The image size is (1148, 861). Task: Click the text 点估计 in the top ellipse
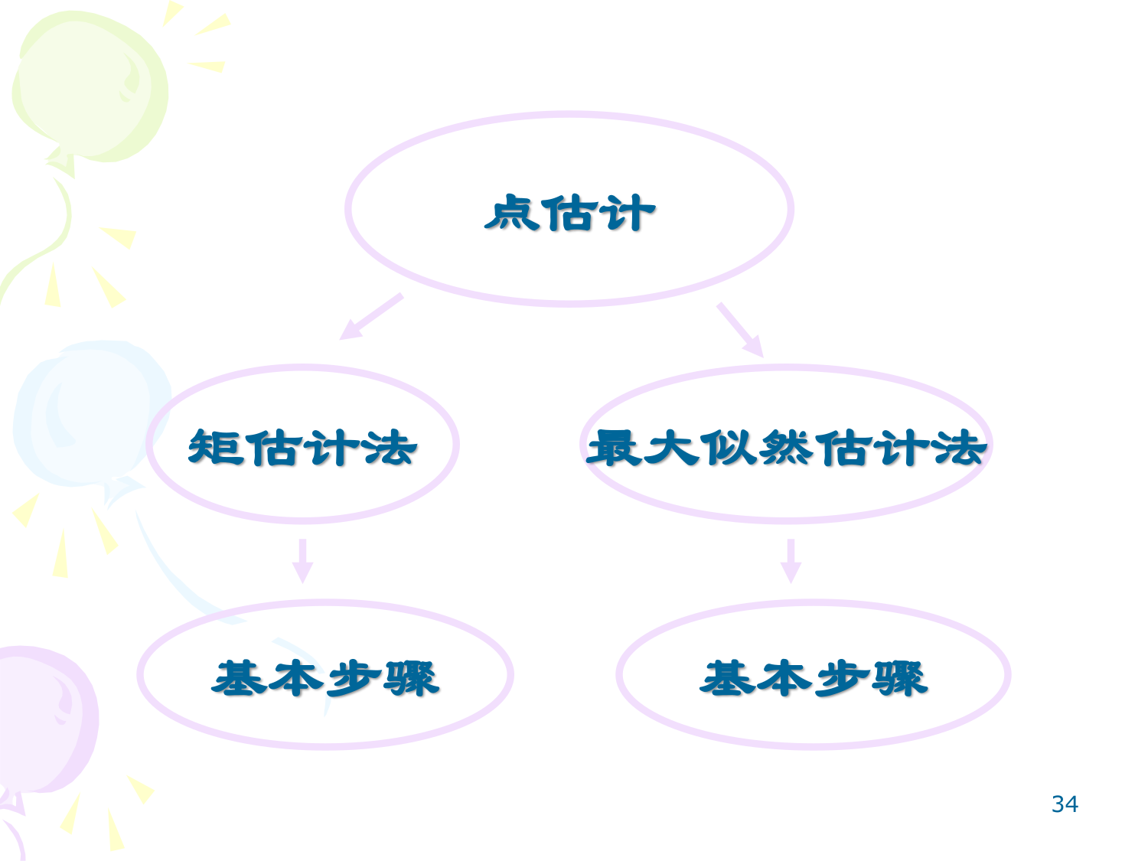coord(569,212)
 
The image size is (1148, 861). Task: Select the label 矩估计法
coord(302,448)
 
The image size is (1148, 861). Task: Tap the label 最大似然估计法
coord(786,448)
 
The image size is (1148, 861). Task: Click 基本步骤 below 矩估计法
coord(325,678)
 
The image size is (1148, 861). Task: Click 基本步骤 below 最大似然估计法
coord(814,678)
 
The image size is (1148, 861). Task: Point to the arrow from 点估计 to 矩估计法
coord(371,317)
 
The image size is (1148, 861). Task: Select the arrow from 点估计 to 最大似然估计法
coord(740,330)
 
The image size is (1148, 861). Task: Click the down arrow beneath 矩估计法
coord(302,561)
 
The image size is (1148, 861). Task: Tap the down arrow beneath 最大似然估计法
coord(791,561)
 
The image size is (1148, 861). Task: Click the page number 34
coord(1065,804)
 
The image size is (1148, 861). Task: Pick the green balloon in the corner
coord(90,86)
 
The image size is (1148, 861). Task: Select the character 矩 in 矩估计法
coord(216,448)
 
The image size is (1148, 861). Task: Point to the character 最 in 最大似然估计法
coord(614,448)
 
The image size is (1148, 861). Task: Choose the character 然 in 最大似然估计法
coord(786,448)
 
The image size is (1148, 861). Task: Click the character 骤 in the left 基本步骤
coord(412,678)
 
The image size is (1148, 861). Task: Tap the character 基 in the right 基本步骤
coord(727,678)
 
